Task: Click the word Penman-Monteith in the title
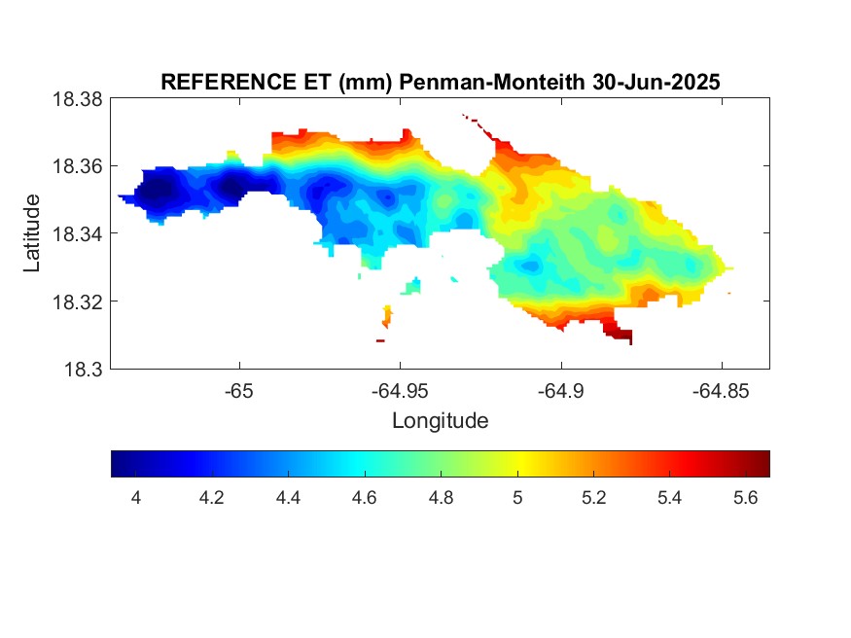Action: (492, 83)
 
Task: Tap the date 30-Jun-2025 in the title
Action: (656, 83)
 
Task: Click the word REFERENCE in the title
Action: (226, 83)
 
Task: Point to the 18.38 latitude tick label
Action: (77, 99)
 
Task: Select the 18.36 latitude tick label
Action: (77, 166)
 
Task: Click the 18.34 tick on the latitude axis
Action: (77, 233)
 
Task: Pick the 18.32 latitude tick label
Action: (77, 301)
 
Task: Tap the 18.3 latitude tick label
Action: (83, 370)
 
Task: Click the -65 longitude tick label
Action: (239, 391)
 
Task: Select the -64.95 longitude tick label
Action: (400, 391)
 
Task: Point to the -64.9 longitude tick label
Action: (560, 391)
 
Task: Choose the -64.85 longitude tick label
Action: (721, 391)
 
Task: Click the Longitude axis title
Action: (441, 421)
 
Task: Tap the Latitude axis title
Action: (31, 233)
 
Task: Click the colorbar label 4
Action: (136, 498)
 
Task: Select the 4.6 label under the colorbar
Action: (364, 498)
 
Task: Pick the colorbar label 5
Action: (517, 498)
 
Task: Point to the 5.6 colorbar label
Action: (746, 498)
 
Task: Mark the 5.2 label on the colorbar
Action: (593, 498)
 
